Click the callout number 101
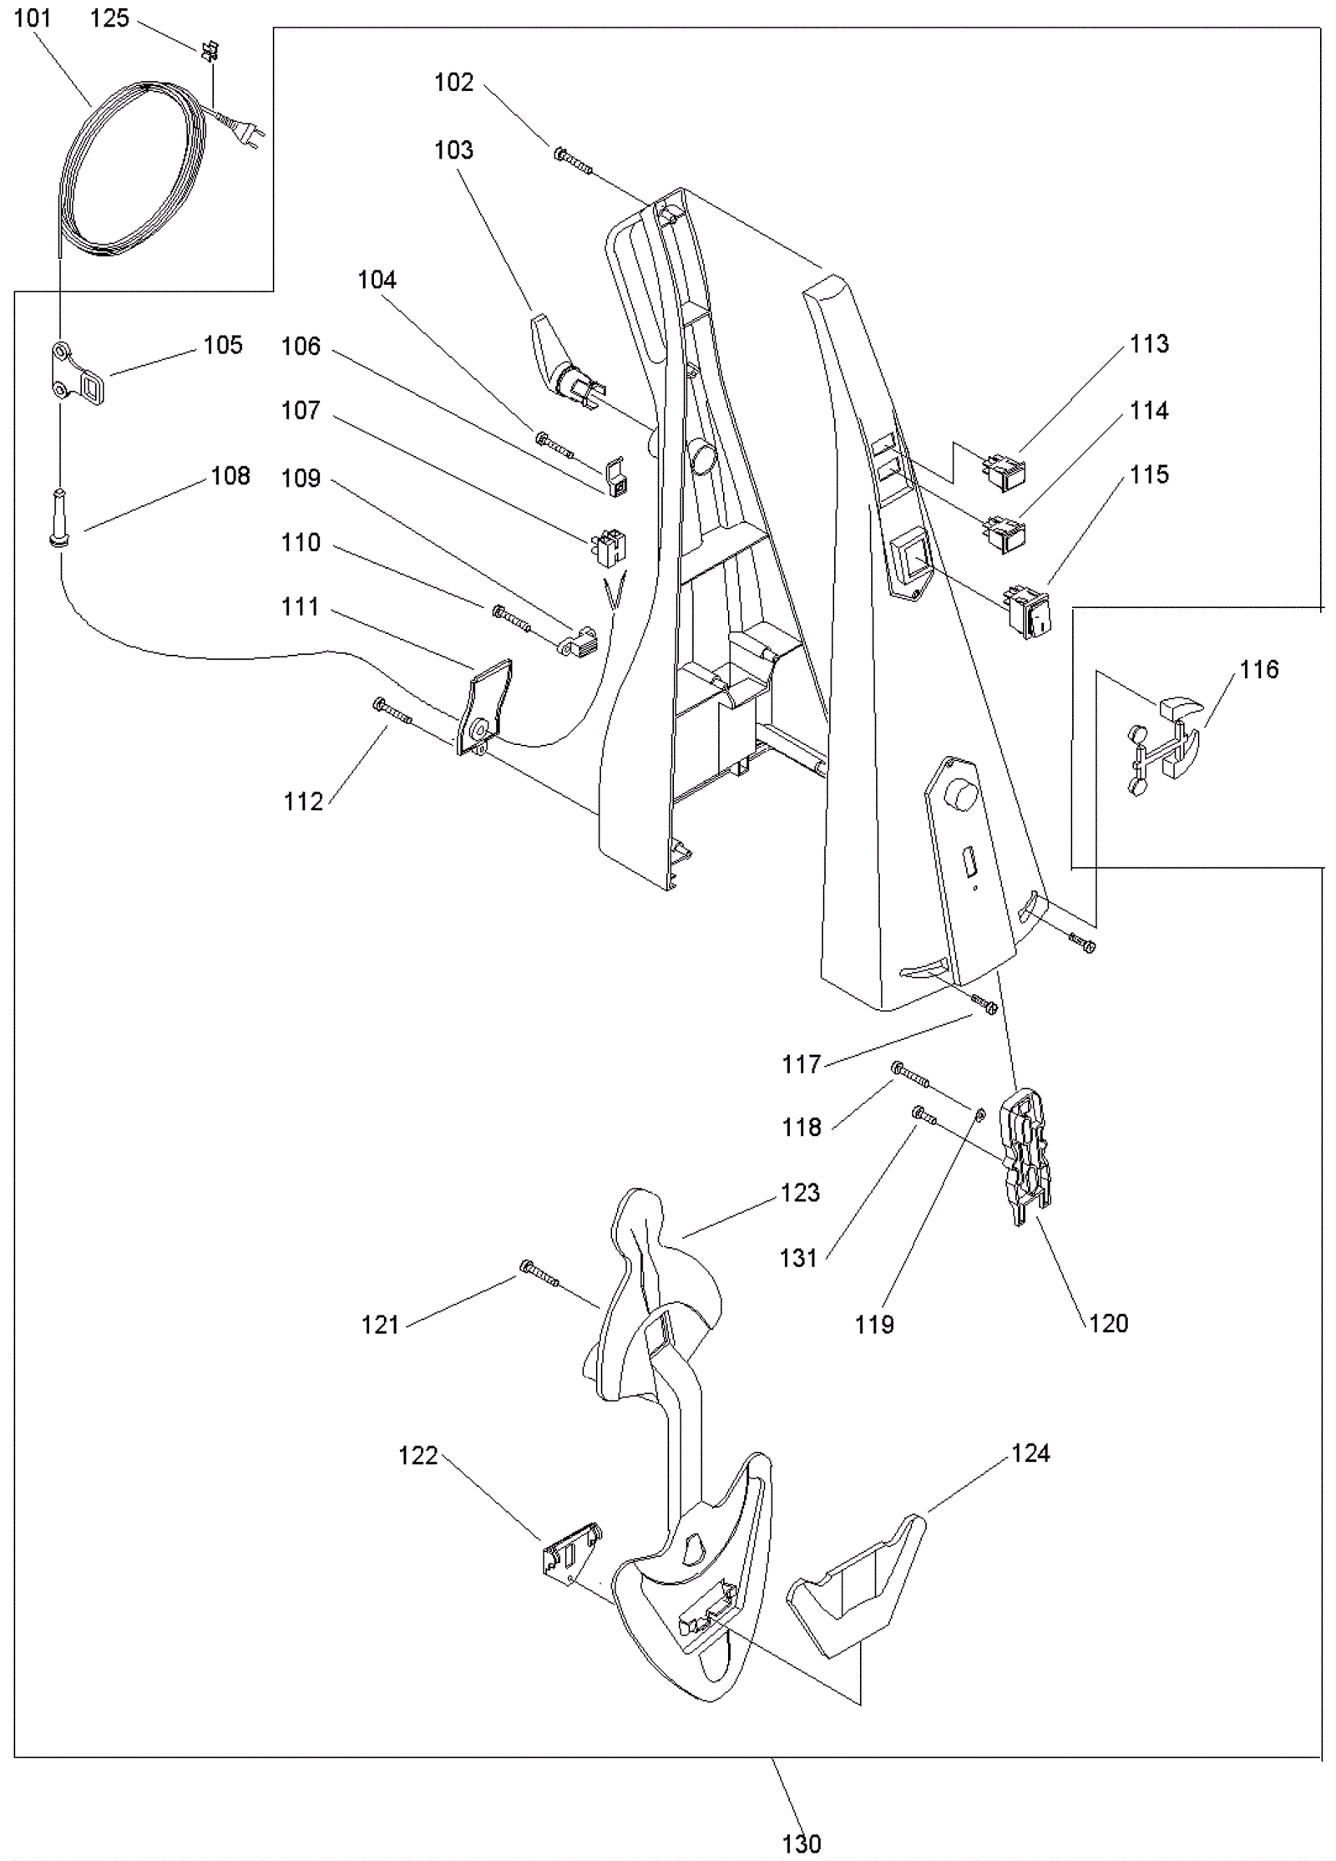(33, 18)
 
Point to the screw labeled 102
(573, 160)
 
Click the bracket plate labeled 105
(78, 373)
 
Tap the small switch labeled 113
(1005, 469)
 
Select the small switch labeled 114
(1005, 535)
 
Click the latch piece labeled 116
(1163, 738)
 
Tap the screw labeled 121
(539, 1273)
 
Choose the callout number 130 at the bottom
(801, 1843)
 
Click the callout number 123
(800, 1192)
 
